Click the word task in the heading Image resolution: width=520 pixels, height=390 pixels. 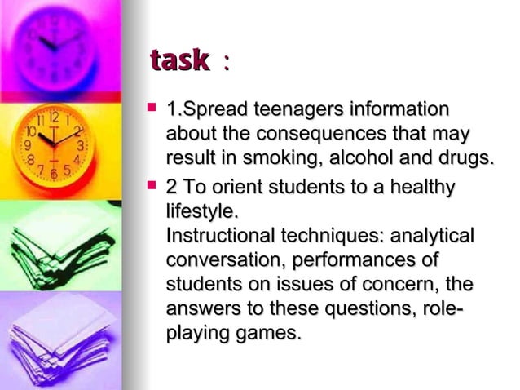(178, 61)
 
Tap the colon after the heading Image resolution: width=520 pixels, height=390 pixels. (225, 64)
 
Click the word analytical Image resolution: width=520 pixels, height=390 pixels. (434, 237)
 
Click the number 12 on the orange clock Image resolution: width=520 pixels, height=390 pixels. (54, 117)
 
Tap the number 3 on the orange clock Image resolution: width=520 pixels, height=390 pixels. (82, 144)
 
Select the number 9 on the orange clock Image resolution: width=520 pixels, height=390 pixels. (26, 144)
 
